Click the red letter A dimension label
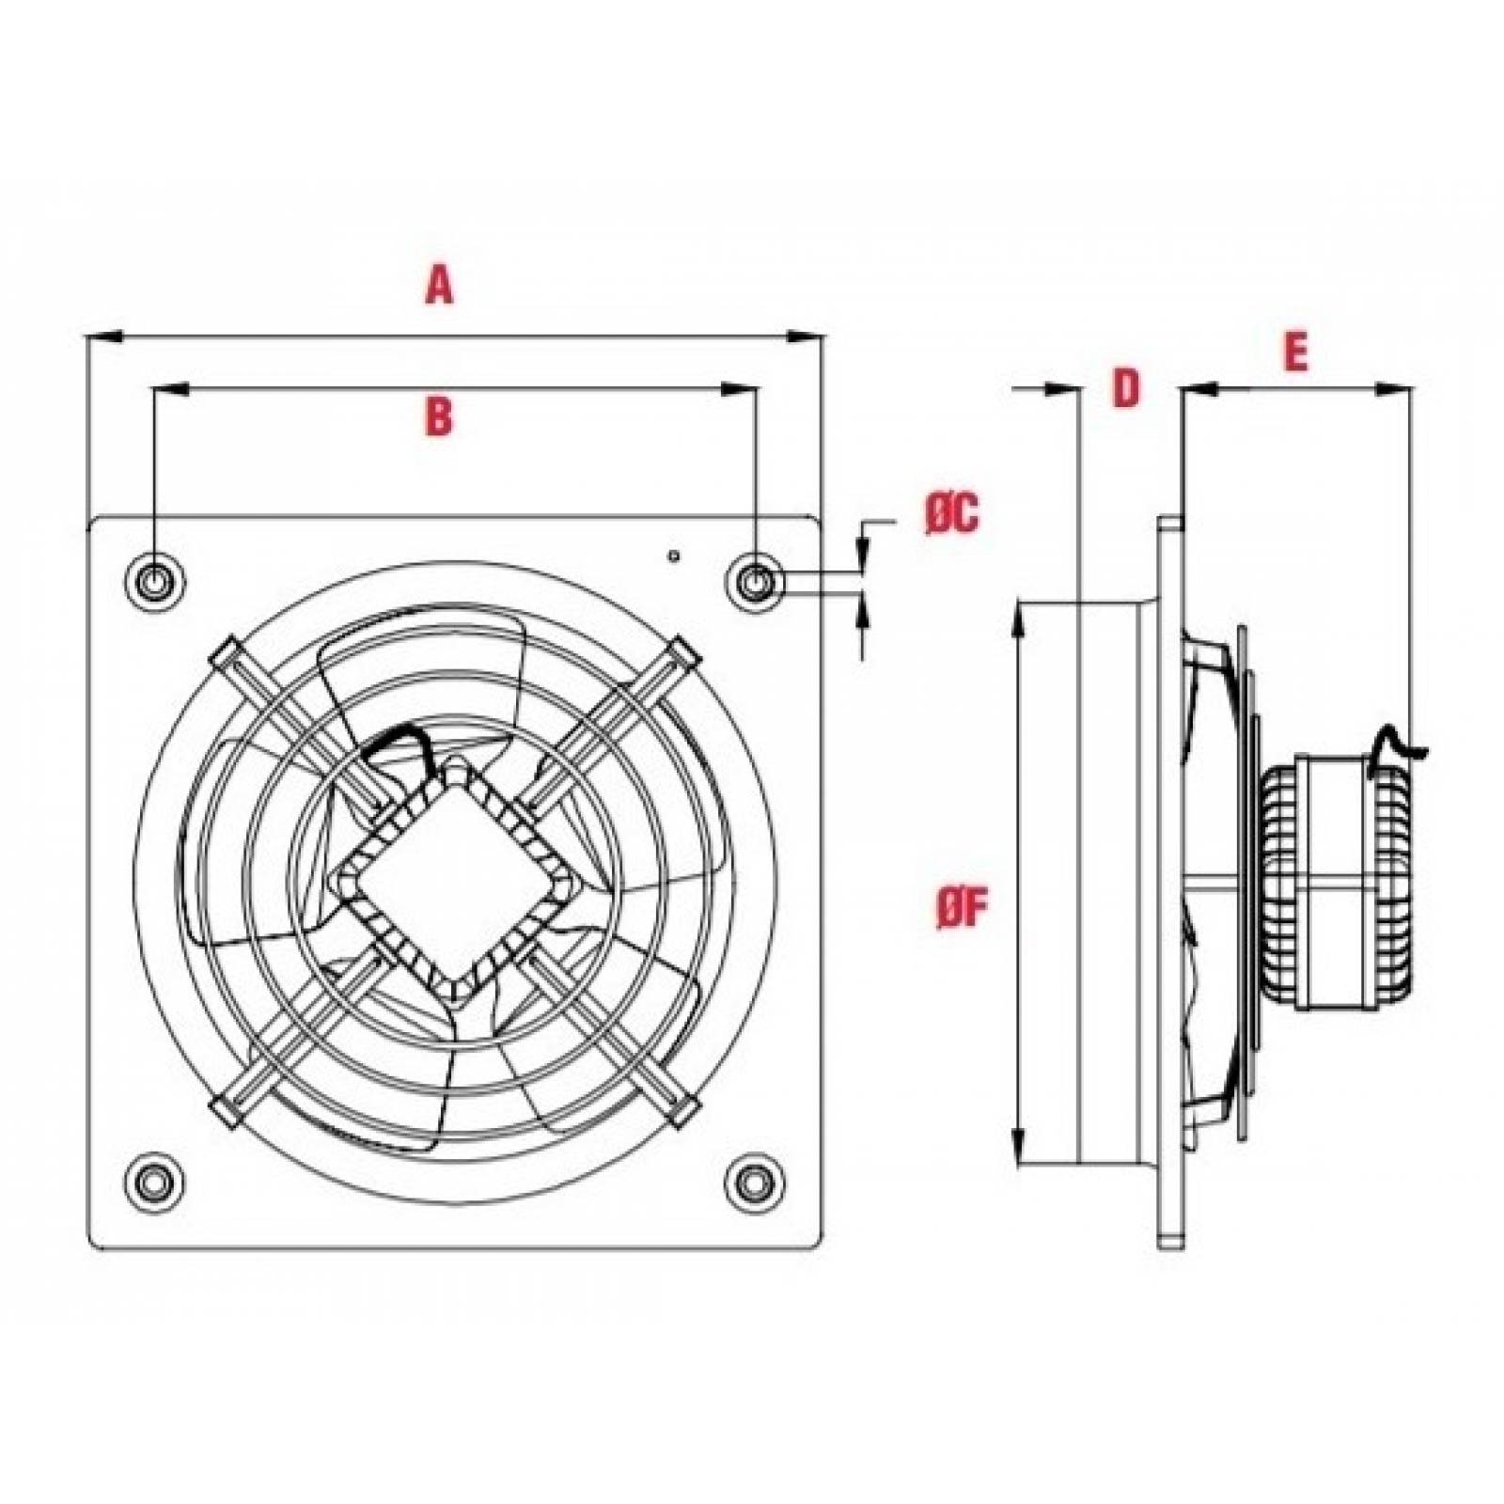[439, 285]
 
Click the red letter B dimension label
[439, 415]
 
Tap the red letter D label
[1126, 388]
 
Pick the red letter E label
[1295, 352]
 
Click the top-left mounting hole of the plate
[152, 582]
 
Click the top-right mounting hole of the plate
[754, 582]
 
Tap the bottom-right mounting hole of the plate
[753, 1178]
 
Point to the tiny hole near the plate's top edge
[673, 556]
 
